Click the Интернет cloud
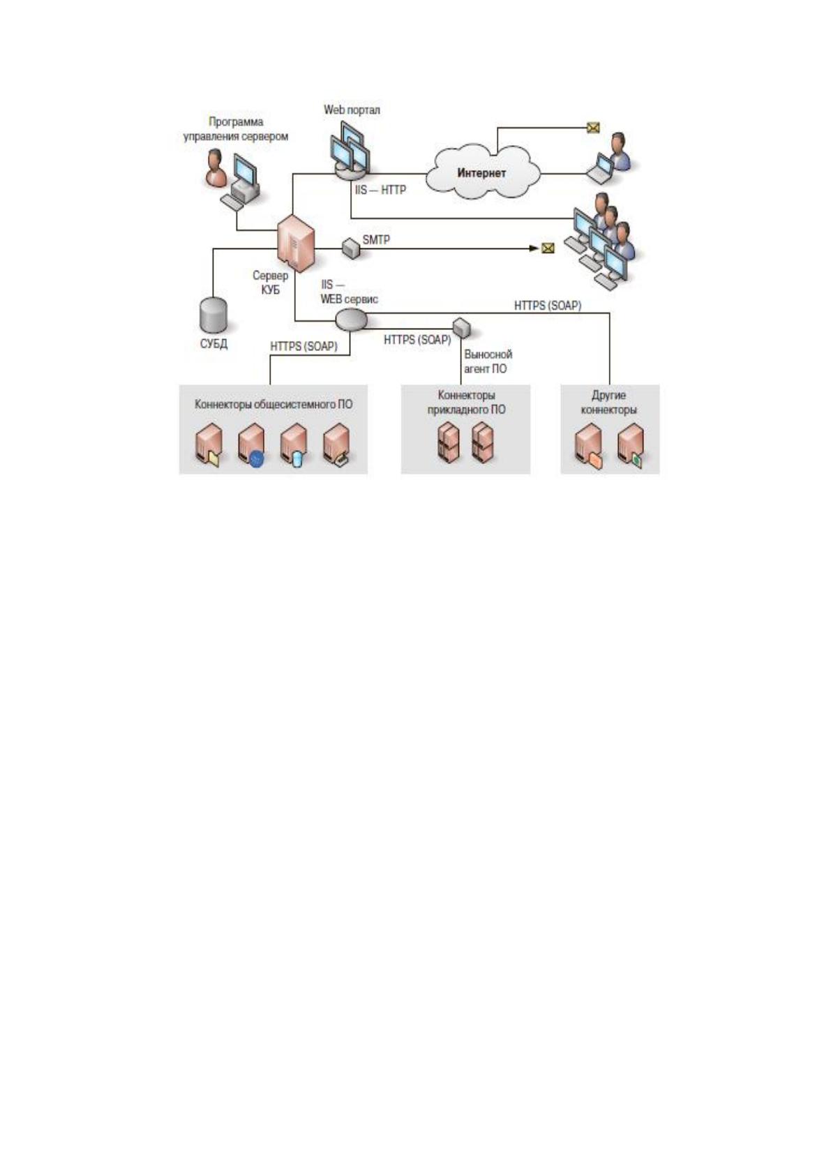tap(482, 172)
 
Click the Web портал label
tap(352, 110)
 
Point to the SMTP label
tap(376, 240)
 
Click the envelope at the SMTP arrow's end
tap(548, 248)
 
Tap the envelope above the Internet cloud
tap(593, 128)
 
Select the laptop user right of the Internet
tap(610, 158)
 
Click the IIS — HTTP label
tap(380, 189)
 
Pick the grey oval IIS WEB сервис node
tap(351, 320)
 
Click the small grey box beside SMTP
tap(351, 248)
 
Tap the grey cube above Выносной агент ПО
tap(461, 327)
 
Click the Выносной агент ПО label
tap(488, 361)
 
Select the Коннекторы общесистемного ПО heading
tap(274, 405)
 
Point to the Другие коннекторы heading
tap(608, 403)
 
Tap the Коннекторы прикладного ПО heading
tap(466, 403)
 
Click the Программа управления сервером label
tap(236, 129)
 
